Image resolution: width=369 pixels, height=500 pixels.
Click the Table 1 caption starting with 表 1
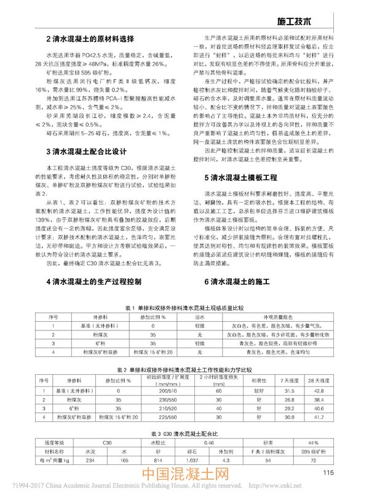click(x=184, y=305)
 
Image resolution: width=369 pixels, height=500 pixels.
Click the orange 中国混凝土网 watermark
click(x=184, y=475)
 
